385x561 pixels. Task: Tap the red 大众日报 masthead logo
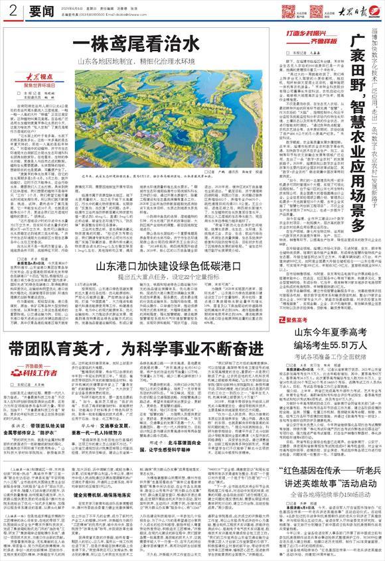pos(348,11)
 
